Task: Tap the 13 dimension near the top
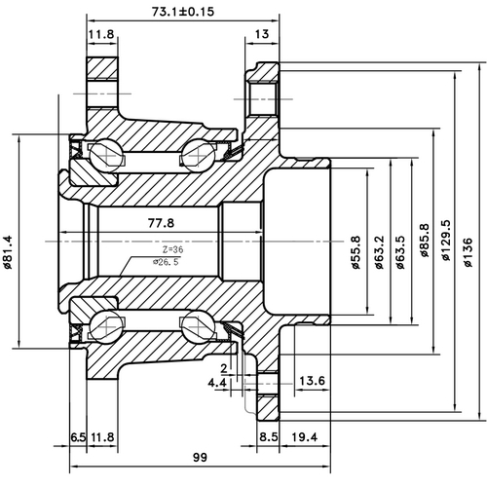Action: point(262,35)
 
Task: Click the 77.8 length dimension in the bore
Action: point(161,223)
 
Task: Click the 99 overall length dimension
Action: point(201,456)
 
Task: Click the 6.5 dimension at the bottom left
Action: point(78,436)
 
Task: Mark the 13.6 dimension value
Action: point(312,379)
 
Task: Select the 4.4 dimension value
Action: point(217,385)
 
